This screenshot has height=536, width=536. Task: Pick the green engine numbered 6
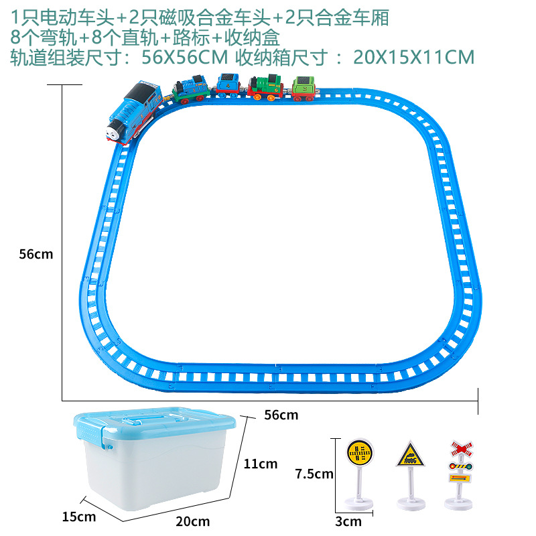pos(265,89)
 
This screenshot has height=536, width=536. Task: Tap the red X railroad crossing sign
pos(461,447)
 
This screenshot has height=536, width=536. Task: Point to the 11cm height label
pos(260,464)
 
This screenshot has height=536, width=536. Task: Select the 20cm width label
pos(194,521)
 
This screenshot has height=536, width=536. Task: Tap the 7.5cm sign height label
pos(314,474)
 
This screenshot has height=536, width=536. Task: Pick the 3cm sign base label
pos(348,521)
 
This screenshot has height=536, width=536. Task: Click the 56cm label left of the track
pos(36,254)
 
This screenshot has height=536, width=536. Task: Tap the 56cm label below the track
pos(281,415)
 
